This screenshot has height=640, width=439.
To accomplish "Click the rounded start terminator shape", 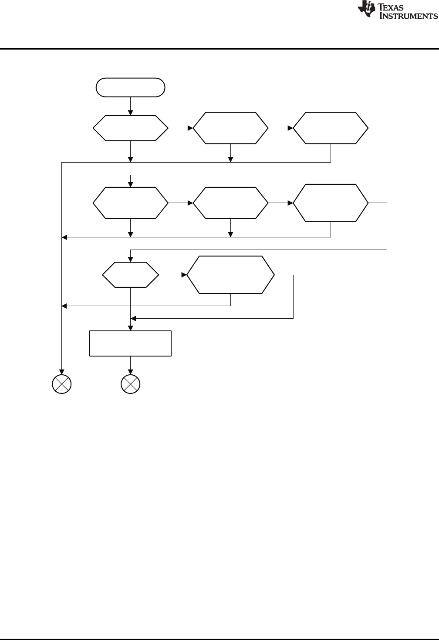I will [x=130, y=87].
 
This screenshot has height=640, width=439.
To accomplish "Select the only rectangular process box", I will [x=130, y=343].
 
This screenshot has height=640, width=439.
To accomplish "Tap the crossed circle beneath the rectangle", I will [x=130, y=384].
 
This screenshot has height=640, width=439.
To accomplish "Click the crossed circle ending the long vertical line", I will [x=61, y=384].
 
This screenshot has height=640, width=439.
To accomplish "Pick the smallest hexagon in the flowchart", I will [x=130, y=275].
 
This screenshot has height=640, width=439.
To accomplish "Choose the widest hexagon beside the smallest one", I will [x=231, y=275].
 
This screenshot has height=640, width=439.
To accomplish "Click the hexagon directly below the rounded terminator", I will [x=130, y=128].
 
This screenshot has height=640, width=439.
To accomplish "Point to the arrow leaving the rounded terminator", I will [x=130, y=106].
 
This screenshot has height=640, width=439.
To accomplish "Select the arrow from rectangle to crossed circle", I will [x=130, y=366].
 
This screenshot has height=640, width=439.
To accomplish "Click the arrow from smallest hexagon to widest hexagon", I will [x=173, y=275].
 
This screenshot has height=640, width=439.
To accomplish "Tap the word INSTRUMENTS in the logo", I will [x=409, y=16].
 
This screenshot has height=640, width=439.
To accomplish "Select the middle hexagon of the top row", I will [x=231, y=128].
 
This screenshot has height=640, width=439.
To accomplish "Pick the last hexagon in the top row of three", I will [x=331, y=128].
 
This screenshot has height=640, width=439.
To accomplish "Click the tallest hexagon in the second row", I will [x=331, y=203].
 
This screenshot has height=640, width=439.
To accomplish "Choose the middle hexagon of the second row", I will [x=231, y=203].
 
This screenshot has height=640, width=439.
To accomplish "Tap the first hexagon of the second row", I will [x=130, y=203].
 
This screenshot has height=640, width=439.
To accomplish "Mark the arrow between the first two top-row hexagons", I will [x=180, y=128].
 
